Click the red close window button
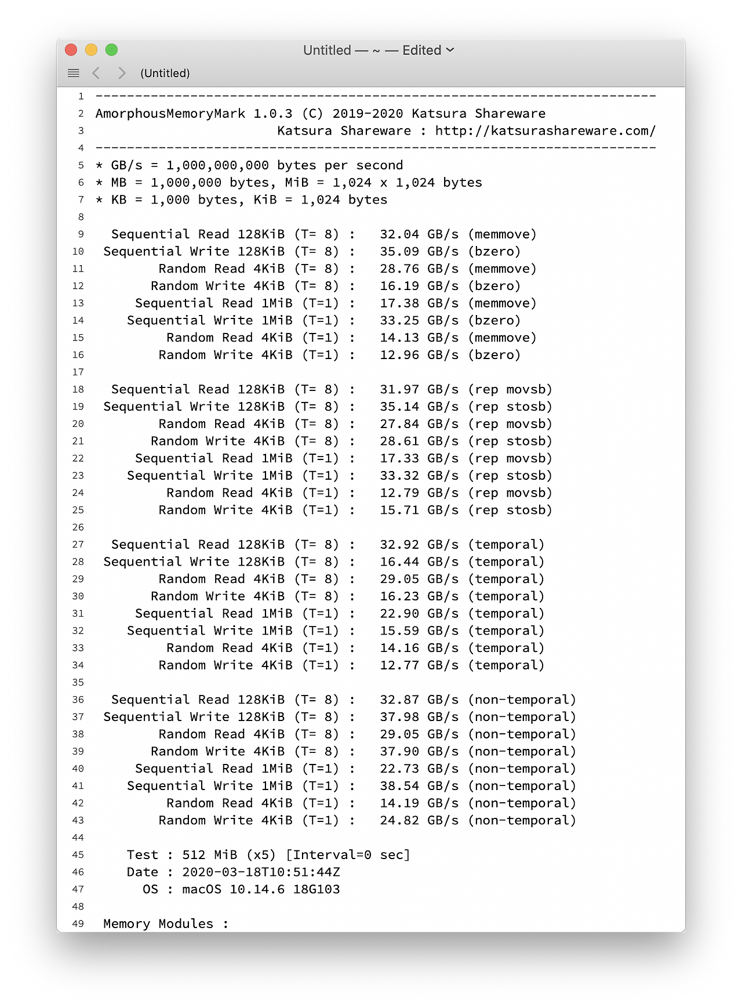point(71,50)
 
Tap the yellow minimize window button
point(92,50)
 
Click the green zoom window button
point(112,50)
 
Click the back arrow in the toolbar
point(96,73)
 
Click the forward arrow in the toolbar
point(122,73)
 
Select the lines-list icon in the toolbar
point(74,73)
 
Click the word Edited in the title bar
point(422,50)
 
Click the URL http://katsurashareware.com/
point(545,131)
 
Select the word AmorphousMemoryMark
point(170,114)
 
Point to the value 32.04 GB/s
point(419,234)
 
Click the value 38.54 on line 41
point(399,786)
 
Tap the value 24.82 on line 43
point(399,820)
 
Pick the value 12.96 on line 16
point(399,355)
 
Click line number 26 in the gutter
point(78,527)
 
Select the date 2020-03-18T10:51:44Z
point(261,872)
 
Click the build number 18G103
point(317,889)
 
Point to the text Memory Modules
point(158,923)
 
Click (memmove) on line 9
point(502,234)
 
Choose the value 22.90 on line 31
point(399,614)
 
